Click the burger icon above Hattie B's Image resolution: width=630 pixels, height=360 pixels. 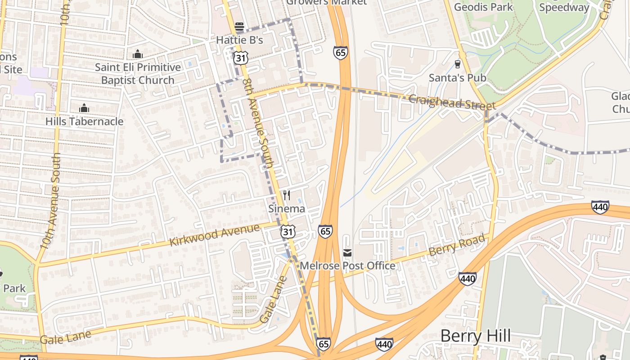tap(239, 27)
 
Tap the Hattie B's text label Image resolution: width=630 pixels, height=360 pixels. tap(239, 40)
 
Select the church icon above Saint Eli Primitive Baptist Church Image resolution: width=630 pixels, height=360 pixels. tap(138, 54)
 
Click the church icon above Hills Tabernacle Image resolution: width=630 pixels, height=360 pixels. tap(84, 108)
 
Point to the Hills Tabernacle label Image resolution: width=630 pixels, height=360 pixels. tap(84, 121)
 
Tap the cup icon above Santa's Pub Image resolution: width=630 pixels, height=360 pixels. tap(458, 64)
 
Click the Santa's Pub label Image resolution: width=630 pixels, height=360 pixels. tap(457, 78)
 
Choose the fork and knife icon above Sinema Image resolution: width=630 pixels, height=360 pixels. tap(286, 195)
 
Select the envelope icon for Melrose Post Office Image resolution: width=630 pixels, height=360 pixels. tap(347, 253)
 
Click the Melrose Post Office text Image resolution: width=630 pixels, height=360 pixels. tap(347, 266)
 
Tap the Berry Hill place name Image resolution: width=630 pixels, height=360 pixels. tap(475, 336)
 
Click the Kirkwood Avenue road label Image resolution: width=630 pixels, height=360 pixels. tap(215, 235)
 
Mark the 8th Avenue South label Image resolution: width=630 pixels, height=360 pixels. tap(258, 124)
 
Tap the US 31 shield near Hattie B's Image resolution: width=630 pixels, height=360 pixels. tap(240, 57)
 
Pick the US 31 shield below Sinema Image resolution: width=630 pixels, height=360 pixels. tap(288, 232)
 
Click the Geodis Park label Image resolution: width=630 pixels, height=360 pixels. tap(483, 7)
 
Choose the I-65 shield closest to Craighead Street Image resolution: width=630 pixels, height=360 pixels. tap(341, 53)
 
